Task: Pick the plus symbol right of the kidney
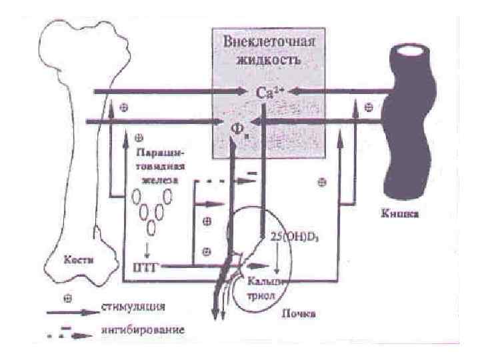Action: pyautogui.click(x=322, y=181)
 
